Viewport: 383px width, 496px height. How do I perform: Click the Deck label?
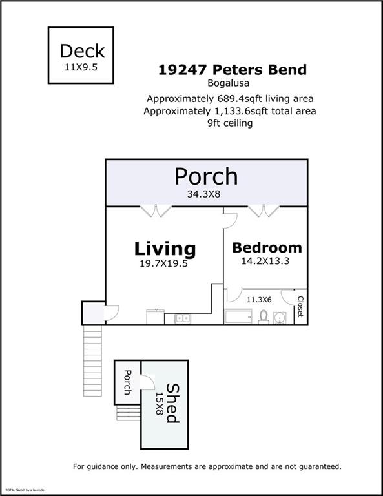(82, 51)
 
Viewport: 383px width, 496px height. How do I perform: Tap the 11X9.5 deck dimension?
(81, 67)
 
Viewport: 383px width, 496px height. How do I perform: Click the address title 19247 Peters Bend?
(233, 70)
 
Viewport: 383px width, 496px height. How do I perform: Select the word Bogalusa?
(229, 83)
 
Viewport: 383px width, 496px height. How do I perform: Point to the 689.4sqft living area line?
(230, 99)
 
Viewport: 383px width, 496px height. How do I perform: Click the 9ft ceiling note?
(230, 123)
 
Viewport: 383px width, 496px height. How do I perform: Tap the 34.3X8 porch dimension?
(203, 194)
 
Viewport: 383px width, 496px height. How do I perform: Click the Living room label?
(165, 249)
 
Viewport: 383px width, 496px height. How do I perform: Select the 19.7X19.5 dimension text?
(163, 263)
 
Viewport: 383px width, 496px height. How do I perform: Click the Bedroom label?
(267, 248)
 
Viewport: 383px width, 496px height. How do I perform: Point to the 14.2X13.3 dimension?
(265, 261)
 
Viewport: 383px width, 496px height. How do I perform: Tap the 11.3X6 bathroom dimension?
(259, 299)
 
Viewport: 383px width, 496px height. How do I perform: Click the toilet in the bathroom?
(264, 316)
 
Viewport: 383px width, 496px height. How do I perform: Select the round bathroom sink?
(280, 318)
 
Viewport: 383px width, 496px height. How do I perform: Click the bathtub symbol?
(238, 316)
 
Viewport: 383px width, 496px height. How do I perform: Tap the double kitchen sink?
(183, 318)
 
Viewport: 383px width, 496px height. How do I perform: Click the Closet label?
(300, 307)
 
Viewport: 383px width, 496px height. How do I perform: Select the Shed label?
(173, 403)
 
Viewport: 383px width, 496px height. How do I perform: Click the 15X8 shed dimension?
(159, 404)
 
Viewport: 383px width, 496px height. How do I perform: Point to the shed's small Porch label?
(127, 382)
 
